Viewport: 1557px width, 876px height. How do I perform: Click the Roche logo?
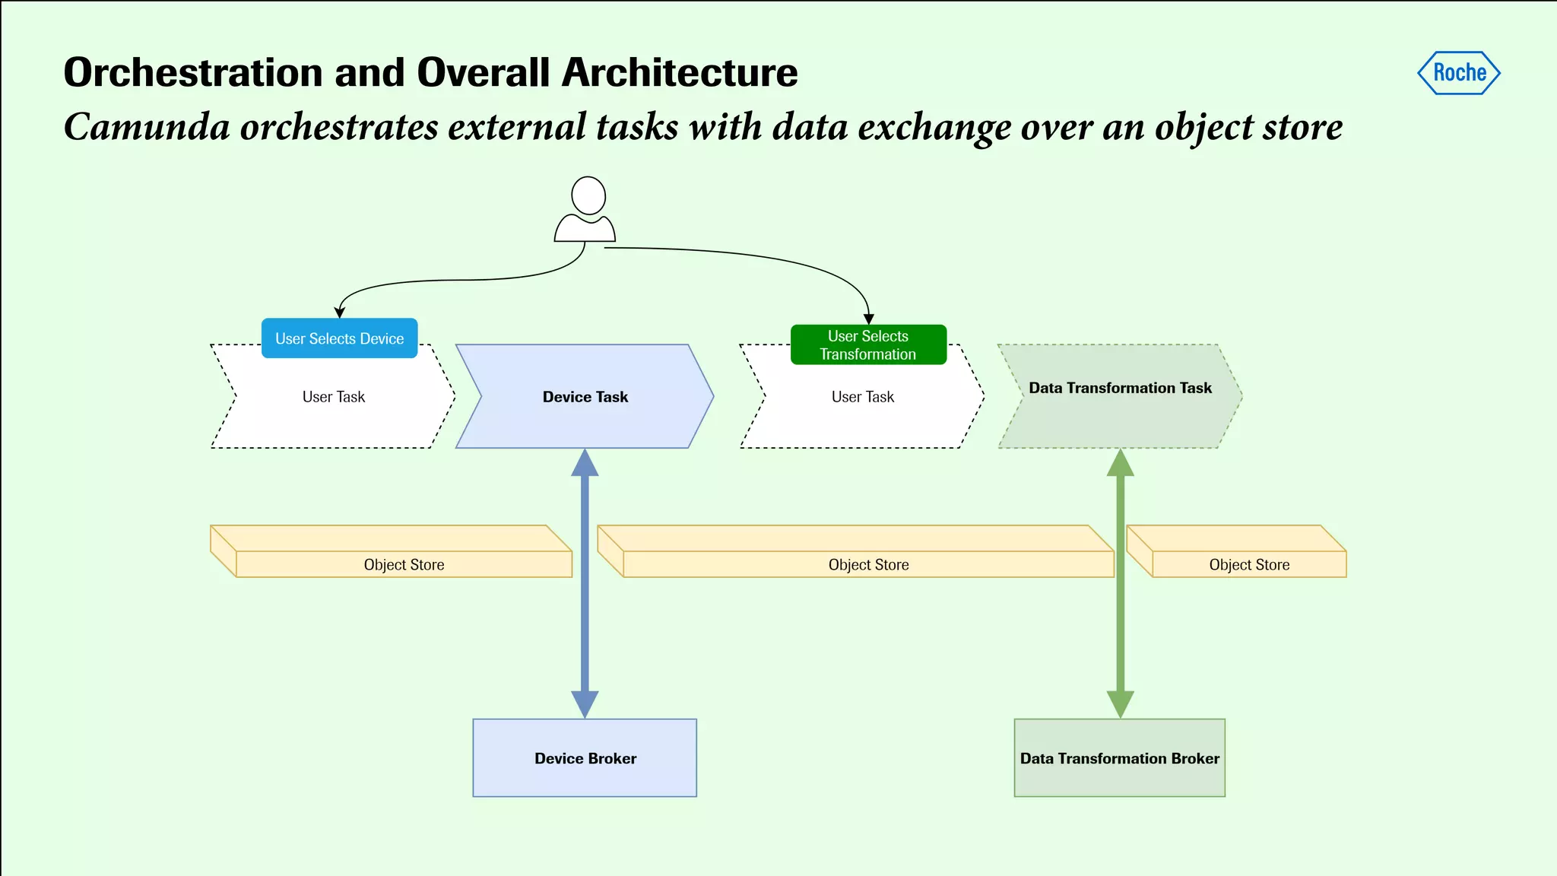1458,73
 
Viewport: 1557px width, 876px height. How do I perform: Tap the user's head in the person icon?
588,195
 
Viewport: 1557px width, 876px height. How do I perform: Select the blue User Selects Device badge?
339,338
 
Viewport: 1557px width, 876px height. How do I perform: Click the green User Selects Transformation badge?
868,345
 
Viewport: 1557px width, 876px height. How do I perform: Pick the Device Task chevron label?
585,397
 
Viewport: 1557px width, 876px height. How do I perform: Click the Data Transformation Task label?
1120,388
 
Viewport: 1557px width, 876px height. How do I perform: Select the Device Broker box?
585,758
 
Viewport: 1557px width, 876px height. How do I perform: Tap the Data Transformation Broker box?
1119,758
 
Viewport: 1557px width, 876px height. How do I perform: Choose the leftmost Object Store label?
404,565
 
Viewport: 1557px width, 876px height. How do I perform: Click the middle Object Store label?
868,565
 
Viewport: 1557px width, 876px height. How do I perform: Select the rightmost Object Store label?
1249,565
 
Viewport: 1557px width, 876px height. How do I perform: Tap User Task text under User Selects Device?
333,397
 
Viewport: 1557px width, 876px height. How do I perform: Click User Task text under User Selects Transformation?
862,397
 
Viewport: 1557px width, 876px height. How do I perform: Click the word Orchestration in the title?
194,73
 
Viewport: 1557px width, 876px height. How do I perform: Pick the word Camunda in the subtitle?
147,126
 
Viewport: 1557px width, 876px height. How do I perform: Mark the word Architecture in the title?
680,73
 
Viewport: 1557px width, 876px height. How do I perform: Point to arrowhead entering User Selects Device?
340,313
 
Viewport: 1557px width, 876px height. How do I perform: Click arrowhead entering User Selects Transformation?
868,319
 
